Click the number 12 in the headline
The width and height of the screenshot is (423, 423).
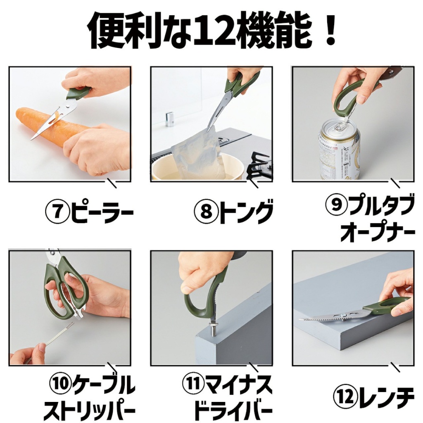pos(211,31)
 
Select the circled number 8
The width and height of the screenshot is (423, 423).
pos(207,211)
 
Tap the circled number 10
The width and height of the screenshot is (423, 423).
pos(60,385)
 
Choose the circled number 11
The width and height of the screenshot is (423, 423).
pos(193,385)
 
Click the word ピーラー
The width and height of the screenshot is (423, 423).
pos(102,211)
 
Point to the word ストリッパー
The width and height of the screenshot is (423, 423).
pos(89,411)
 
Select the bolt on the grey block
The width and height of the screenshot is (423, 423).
pos(212,329)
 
